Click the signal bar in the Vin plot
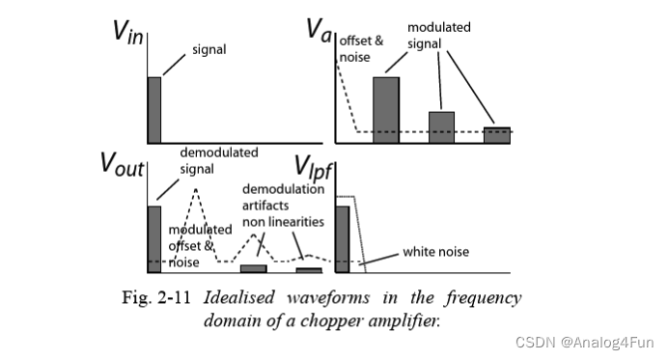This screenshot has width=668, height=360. tap(153, 109)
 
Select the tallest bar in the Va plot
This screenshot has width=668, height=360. tap(386, 109)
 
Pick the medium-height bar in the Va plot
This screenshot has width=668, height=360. tap(441, 126)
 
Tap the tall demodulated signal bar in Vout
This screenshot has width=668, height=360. tap(153, 238)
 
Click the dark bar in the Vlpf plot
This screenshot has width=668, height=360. tap(341, 238)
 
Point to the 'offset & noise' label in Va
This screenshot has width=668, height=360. tap(358, 51)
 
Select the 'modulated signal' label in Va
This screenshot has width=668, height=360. tap(438, 36)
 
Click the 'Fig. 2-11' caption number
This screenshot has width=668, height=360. tap(158, 296)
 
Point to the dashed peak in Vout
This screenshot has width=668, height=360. tap(197, 190)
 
